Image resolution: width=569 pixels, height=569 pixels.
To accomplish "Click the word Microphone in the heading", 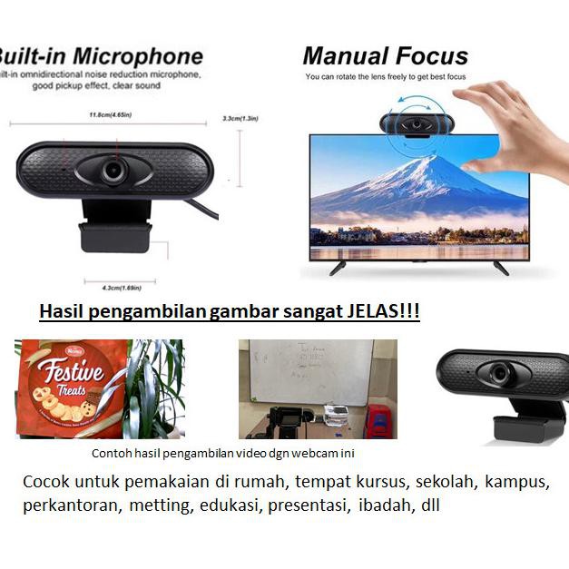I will (138, 55).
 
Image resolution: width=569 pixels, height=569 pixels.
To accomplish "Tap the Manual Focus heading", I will (386, 56).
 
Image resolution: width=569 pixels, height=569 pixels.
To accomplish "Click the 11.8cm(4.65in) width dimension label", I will (111, 115).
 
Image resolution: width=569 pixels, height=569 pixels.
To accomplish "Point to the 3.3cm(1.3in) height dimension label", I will (240, 118).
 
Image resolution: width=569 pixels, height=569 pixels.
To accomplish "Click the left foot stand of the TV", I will (337, 268).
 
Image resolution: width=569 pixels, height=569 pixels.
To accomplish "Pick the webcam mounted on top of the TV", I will (417, 124).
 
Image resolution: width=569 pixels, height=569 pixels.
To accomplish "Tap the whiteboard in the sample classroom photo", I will (309, 372).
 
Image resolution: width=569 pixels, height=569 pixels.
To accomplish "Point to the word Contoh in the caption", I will (112, 454).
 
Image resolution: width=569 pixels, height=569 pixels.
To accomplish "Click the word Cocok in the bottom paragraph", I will (45, 482).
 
